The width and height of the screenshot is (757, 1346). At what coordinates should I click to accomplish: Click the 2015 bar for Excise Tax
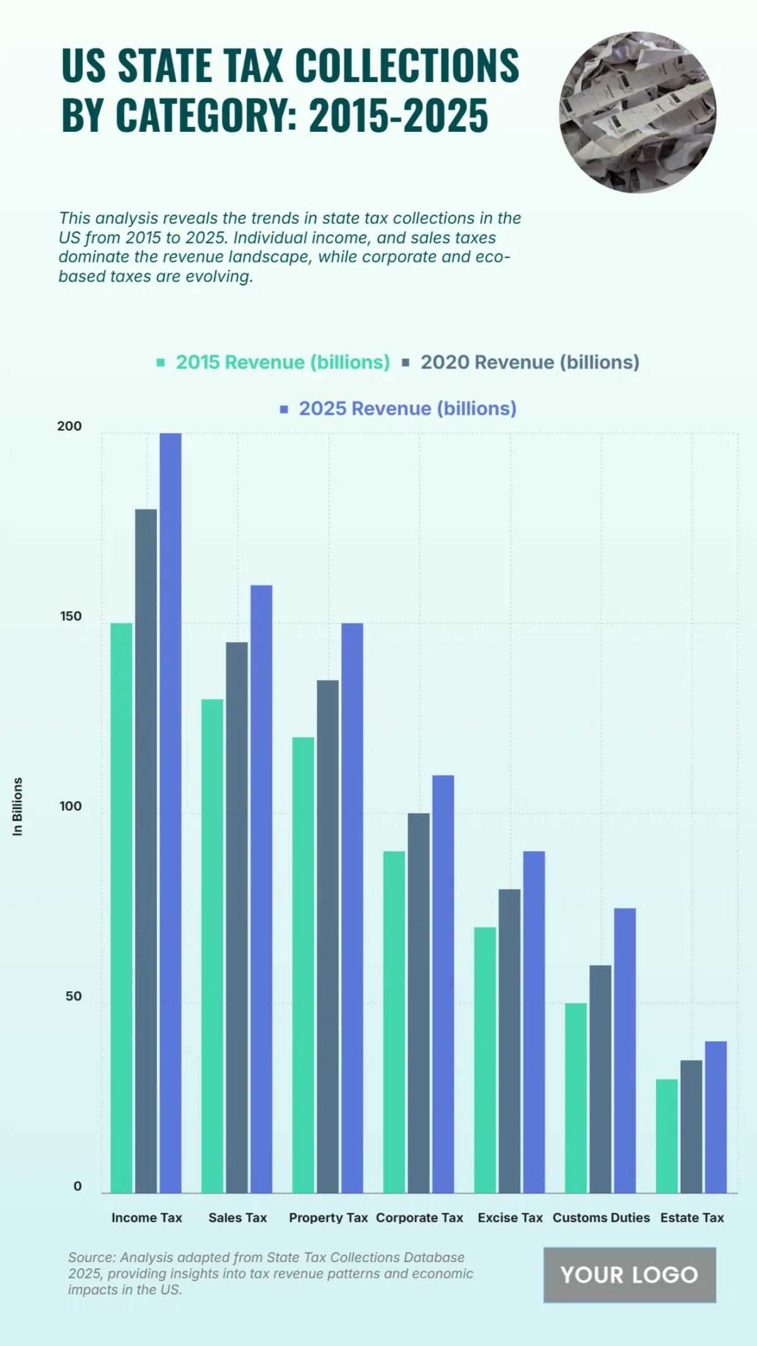pos(484,1060)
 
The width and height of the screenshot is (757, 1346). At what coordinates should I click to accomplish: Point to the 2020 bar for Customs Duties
pos(600,1078)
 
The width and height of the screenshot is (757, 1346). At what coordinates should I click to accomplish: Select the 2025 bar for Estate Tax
pos(715,1116)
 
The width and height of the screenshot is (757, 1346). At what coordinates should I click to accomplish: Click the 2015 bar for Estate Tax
pos(666,1135)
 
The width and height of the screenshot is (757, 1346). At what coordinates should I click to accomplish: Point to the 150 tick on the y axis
pos(71,617)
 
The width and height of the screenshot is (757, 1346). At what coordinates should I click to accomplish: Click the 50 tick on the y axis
pos(73,996)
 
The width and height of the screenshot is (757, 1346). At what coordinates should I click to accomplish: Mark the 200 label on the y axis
pos(69,426)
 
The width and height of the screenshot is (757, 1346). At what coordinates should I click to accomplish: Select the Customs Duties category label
pos(601,1218)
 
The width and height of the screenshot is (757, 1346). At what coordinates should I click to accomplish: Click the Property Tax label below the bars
pos(328,1218)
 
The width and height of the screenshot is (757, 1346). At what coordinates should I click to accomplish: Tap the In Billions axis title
pos(18,806)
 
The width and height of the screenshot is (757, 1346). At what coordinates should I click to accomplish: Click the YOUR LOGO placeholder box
pos(629,1275)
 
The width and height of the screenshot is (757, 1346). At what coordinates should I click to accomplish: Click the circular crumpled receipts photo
pos(637,112)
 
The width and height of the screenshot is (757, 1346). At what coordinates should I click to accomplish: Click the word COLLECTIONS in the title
pos(407,65)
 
